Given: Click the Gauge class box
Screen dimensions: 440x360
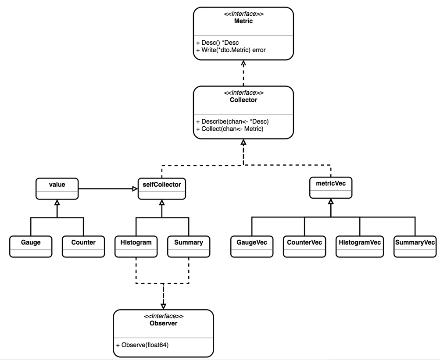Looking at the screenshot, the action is (31, 246).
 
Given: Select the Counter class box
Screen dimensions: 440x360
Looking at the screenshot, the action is (83, 246).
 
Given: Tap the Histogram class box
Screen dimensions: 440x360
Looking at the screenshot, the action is (136, 246).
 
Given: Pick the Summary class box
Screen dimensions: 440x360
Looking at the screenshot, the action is (189, 246).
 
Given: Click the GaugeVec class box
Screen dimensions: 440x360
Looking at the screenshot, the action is (252, 246).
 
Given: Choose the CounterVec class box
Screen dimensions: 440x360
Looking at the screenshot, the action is (304, 246).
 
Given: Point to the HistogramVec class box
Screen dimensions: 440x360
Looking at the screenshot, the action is (360, 246).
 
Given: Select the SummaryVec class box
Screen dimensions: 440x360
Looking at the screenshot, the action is (415, 246).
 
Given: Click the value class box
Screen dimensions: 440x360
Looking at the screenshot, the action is (57, 189).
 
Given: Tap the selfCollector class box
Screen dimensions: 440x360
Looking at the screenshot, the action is (162, 189).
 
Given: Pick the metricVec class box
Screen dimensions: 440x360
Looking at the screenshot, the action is (331, 187).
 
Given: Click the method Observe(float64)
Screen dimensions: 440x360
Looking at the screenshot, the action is (142, 345).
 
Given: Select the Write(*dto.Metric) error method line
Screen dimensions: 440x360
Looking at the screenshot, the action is (231, 50).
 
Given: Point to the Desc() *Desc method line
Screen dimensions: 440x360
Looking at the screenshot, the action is (218, 43).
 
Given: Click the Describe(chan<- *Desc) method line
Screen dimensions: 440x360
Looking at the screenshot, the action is (233, 121).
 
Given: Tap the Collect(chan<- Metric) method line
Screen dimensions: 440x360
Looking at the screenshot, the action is (230, 129).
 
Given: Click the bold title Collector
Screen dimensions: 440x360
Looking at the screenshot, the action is (243, 100).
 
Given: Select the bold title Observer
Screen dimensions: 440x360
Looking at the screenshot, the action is (163, 323).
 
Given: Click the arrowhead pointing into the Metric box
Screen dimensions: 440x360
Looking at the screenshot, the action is (243, 63).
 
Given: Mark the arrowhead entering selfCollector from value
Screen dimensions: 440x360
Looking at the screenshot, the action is (135, 189).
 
